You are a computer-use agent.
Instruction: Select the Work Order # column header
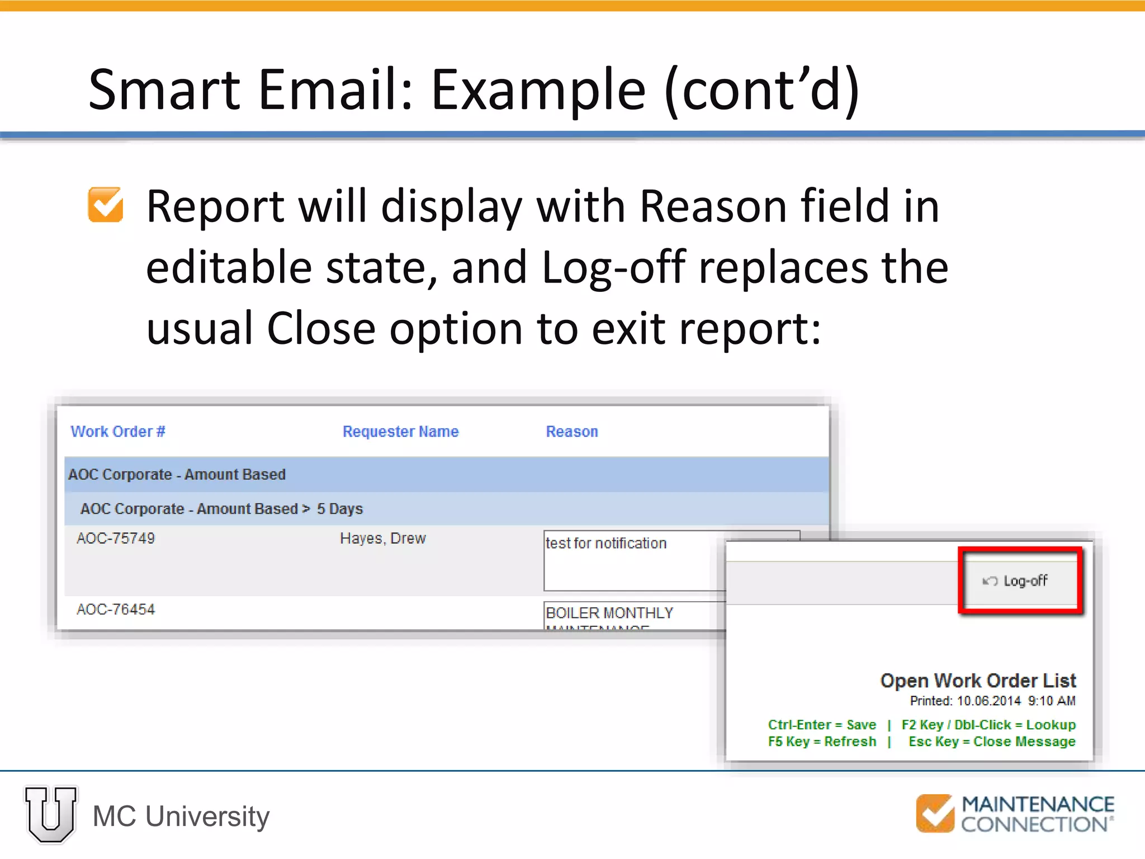117,432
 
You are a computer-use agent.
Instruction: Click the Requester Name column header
400,432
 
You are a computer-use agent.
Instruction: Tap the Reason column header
571,432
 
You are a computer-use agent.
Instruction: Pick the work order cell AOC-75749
116,539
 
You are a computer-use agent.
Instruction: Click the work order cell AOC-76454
116,610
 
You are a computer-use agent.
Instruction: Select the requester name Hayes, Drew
383,539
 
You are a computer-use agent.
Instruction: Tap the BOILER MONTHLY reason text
609,613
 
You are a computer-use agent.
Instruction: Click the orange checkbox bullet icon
105,205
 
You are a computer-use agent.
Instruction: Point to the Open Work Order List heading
978,681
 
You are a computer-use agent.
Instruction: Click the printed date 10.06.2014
988,701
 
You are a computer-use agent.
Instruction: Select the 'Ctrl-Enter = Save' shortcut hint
822,725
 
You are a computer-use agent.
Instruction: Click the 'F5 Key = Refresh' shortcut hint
822,742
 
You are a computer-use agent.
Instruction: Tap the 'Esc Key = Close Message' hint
992,742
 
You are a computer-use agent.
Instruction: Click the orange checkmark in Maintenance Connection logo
935,813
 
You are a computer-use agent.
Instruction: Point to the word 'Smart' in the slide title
164,89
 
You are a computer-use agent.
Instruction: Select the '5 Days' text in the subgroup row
340,509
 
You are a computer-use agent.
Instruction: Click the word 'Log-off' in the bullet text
613,267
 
